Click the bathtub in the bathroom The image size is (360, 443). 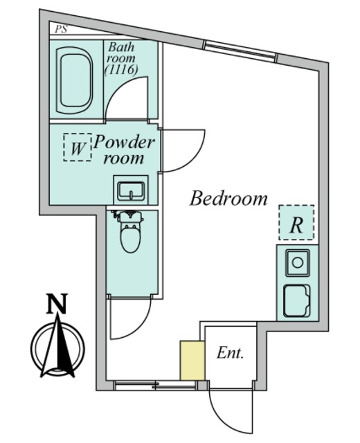75,80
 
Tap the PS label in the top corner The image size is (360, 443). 61,29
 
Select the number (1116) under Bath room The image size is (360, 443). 121,69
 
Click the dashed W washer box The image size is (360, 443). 78,147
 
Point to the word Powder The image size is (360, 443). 125,142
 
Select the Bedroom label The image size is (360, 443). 228,198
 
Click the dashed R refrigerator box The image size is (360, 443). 296,222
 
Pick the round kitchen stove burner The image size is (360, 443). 297,263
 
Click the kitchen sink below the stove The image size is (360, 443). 297,301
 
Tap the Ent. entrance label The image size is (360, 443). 230,353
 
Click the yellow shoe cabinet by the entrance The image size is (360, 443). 192,361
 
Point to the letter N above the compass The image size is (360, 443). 57,304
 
